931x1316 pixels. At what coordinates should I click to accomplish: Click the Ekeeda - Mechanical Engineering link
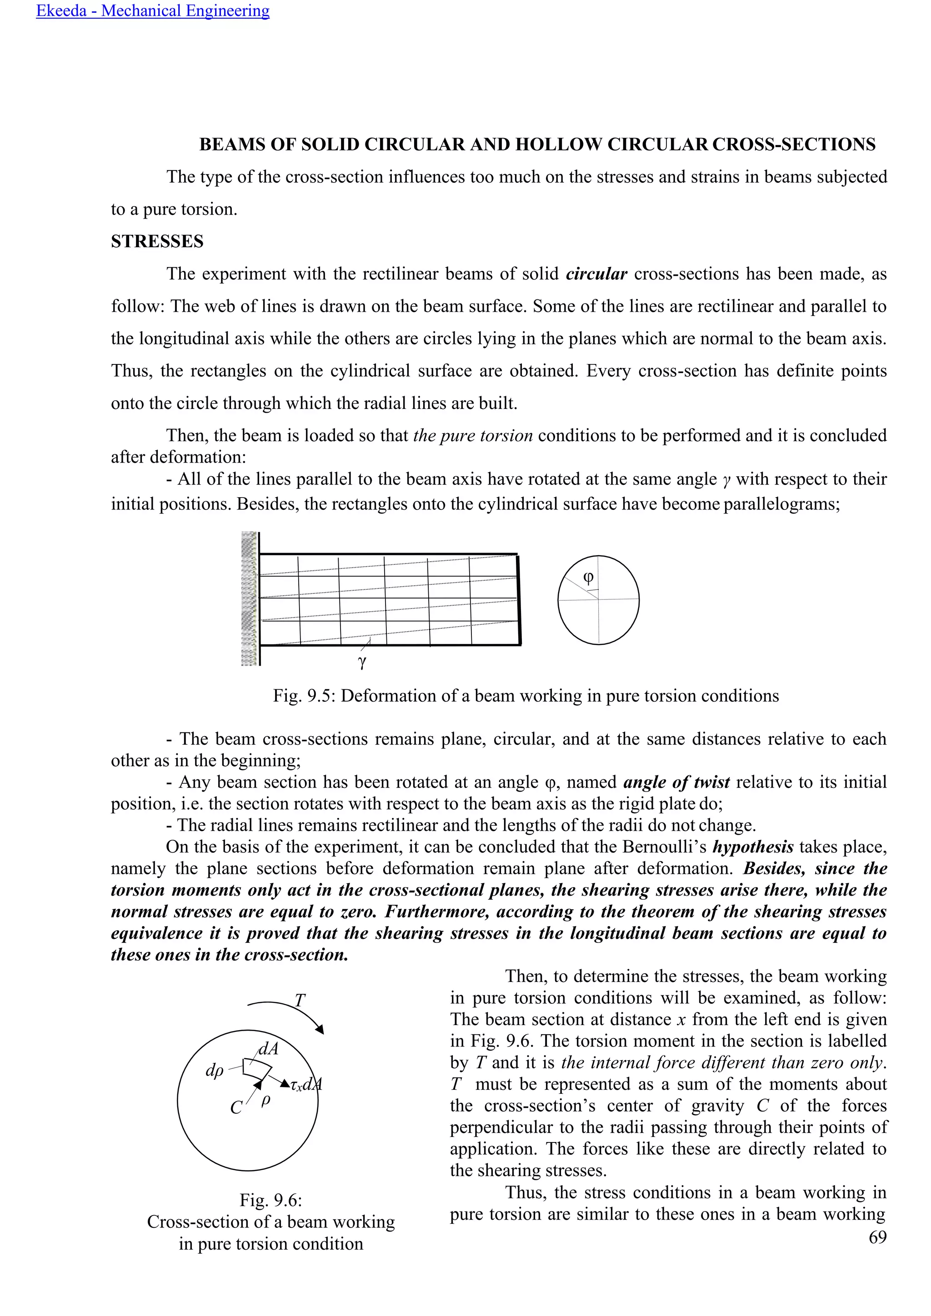(152, 11)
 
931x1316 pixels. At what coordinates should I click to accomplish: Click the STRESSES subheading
(157, 241)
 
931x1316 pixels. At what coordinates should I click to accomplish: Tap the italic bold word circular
(596, 274)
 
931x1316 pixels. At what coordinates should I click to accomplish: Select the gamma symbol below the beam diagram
(362, 662)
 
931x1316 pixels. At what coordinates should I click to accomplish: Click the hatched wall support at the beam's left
(250, 599)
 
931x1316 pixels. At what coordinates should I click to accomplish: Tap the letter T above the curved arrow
(299, 1000)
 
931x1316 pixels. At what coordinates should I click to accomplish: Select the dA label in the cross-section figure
(268, 1049)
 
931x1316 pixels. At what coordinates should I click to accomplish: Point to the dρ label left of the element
(215, 1070)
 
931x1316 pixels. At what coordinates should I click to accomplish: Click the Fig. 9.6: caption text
(270, 1200)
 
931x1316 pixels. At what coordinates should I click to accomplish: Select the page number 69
(877, 1237)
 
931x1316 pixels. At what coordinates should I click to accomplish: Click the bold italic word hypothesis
(753, 847)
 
